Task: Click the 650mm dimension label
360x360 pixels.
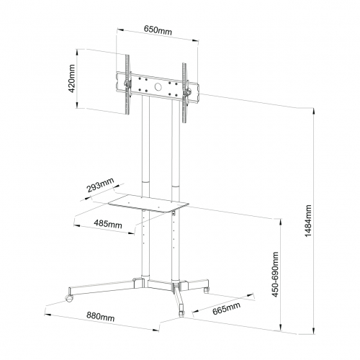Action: [158, 30]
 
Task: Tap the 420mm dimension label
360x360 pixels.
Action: [72, 78]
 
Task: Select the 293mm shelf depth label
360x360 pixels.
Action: [100, 185]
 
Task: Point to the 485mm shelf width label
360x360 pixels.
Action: [108, 224]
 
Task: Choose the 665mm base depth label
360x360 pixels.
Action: [226, 308]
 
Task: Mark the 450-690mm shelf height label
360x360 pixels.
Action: [275, 274]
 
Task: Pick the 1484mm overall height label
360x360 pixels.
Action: [308, 221]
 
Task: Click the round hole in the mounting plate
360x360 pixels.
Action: [158, 86]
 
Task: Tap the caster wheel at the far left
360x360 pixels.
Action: [69, 298]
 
